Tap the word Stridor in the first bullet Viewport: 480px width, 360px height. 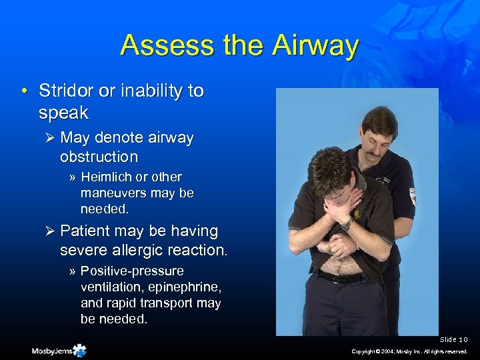pos(65,91)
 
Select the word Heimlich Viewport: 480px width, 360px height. pos(107,177)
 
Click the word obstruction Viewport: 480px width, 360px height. pos(99,157)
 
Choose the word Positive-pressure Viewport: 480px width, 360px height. pos(132,271)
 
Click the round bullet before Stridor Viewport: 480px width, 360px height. pos(24,91)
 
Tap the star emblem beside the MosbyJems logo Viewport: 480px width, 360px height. pos(80,349)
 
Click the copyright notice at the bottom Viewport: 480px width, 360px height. pos(411,351)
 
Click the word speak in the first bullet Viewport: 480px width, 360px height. pos(63,113)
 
